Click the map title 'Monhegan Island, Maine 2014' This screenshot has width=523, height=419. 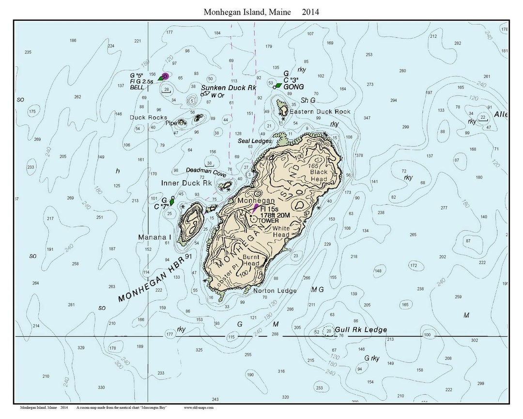point(261,12)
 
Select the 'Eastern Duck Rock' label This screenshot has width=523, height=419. point(320,111)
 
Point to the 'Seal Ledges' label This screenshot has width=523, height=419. point(254,141)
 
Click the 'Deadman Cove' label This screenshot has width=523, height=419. point(206,171)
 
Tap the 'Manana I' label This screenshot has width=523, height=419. point(155,237)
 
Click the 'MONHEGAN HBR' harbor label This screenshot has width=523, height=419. point(154,278)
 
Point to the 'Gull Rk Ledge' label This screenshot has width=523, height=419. point(361,330)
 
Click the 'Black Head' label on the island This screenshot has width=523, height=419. point(319,175)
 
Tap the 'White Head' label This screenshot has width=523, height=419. point(281,232)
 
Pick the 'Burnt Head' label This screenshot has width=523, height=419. point(251,260)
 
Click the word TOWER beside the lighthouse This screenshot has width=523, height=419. point(268,220)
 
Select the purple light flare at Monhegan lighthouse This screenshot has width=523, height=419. point(256,208)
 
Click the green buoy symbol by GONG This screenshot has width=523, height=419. point(278,86)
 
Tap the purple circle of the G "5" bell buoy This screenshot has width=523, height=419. point(166,76)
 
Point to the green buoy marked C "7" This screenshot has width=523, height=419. point(172,202)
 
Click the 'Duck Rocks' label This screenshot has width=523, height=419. point(148,118)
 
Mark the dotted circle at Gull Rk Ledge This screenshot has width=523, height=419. point(329,331)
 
